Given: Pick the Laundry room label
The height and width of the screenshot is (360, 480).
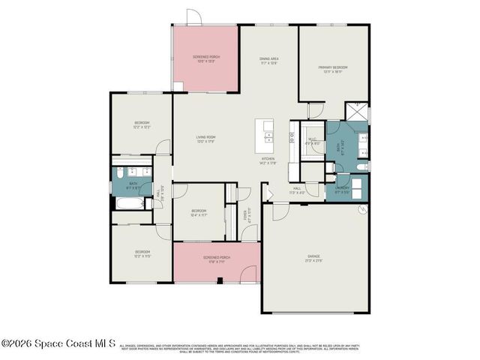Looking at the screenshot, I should click(x=341, y=187).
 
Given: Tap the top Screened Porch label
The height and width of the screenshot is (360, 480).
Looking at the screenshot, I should click(x=205, y=56).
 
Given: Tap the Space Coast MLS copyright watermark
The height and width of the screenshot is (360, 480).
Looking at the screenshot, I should click(x=58, y=343).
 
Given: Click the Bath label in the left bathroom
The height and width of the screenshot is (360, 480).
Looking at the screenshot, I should click(x=133, y=183).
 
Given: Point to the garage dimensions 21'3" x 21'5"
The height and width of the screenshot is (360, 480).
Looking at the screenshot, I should click(x=314, y=260).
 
